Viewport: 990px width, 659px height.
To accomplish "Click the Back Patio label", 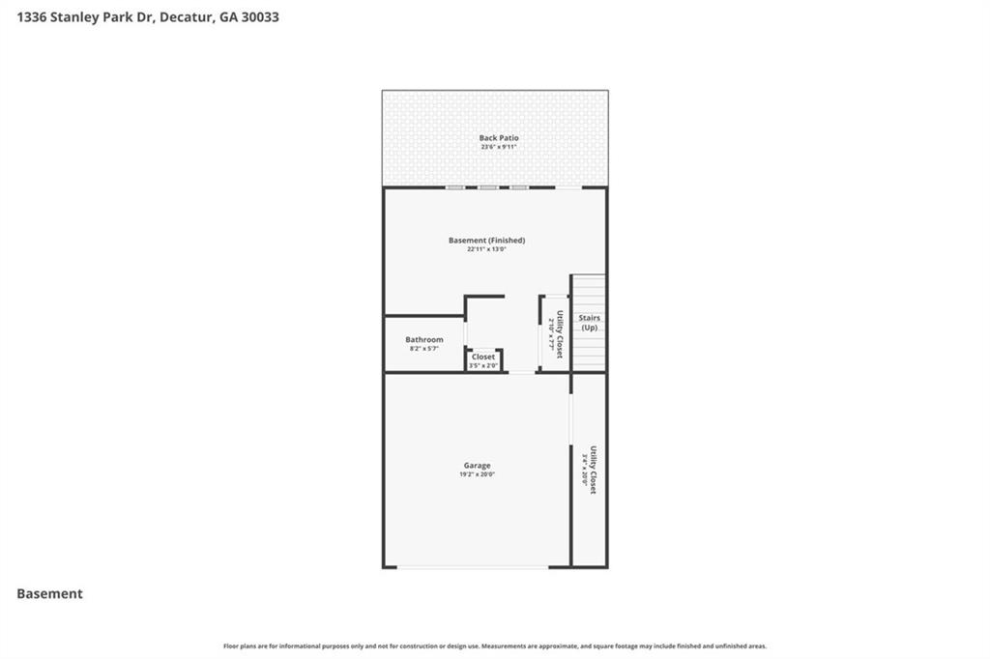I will [x=499, y=138].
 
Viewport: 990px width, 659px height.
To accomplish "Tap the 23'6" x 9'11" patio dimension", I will [x=499, y=147].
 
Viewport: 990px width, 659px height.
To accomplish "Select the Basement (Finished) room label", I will [x=486, y=240].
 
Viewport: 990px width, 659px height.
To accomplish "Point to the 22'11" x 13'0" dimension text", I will [x=486, y=249].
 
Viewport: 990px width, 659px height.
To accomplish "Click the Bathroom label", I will [x=424, y=339].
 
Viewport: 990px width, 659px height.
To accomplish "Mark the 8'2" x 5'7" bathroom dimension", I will [x=424, y=348].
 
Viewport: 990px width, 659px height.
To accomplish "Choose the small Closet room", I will [x=483, y=357].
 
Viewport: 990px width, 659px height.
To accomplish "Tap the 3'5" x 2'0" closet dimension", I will [x=483, y=365].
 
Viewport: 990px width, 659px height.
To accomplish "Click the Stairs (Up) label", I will [x=589, y=322].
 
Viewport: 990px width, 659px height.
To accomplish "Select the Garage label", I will [x=477, y=465].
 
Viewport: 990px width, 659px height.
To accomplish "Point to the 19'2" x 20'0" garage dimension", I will [x=477, y=474].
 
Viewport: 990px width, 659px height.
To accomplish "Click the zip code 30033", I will [x=261, y=16].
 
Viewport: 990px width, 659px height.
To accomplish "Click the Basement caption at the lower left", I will [x=49, y=594].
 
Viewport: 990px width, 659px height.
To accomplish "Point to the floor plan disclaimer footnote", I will [x=495, y=645].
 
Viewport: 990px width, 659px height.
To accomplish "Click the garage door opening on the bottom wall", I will [x=477, y=567].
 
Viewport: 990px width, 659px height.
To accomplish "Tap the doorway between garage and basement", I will [x=521, y=372].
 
